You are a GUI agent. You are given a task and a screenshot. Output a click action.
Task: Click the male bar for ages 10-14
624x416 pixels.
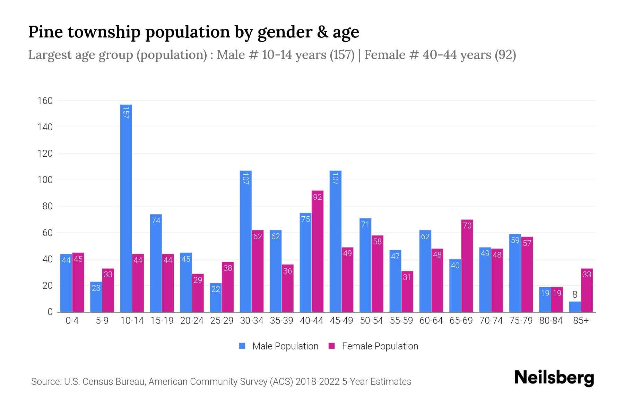126,208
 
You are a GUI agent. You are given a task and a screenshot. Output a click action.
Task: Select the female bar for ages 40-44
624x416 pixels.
317,251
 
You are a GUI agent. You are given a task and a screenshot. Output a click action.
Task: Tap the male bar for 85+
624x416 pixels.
574,307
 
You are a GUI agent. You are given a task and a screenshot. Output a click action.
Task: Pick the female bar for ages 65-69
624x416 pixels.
467,266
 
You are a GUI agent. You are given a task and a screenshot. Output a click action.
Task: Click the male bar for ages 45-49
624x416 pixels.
335,241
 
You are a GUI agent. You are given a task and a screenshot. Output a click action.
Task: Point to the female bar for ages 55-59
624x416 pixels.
407,292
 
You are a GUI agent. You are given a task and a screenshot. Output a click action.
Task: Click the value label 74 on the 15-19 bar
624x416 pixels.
156,220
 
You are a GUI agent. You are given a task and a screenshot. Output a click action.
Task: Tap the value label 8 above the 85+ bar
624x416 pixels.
574,295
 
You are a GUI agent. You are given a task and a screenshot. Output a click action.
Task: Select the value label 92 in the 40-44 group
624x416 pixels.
317,197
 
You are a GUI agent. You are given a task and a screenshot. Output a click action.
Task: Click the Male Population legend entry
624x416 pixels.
279,346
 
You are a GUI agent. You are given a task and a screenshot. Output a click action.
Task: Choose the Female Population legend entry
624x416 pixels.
373,346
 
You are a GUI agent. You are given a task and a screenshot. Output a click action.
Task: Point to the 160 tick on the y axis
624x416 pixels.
45,101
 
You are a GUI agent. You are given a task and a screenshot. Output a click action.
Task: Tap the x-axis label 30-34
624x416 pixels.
252,321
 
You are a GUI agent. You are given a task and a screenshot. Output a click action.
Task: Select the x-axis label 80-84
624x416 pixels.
551,321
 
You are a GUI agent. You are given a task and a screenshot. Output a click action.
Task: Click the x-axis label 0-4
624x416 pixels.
72,321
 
